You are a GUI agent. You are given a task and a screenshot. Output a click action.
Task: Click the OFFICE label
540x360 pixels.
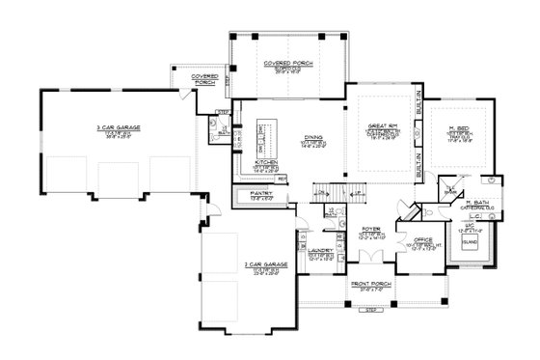[x=422, y=237]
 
